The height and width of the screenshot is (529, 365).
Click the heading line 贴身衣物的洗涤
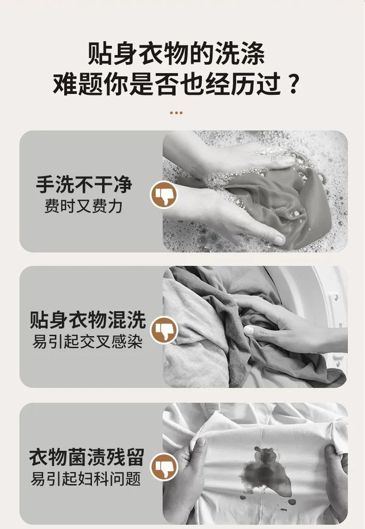coord(176,53)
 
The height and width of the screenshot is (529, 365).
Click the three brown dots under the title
coord(176,113)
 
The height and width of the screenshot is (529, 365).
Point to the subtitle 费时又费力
coord(83,206)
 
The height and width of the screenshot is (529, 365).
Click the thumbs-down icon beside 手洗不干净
coord(164,195)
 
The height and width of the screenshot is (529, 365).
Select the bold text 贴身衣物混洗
coord(88,320)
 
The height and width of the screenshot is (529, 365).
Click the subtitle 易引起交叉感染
coord(88,341)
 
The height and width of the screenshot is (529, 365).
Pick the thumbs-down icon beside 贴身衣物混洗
coord(164,330)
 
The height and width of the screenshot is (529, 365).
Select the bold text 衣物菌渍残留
coord(87,457)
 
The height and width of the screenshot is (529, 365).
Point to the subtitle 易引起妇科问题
coord(86,478)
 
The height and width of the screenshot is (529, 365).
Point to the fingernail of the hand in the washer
coord(249,330)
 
